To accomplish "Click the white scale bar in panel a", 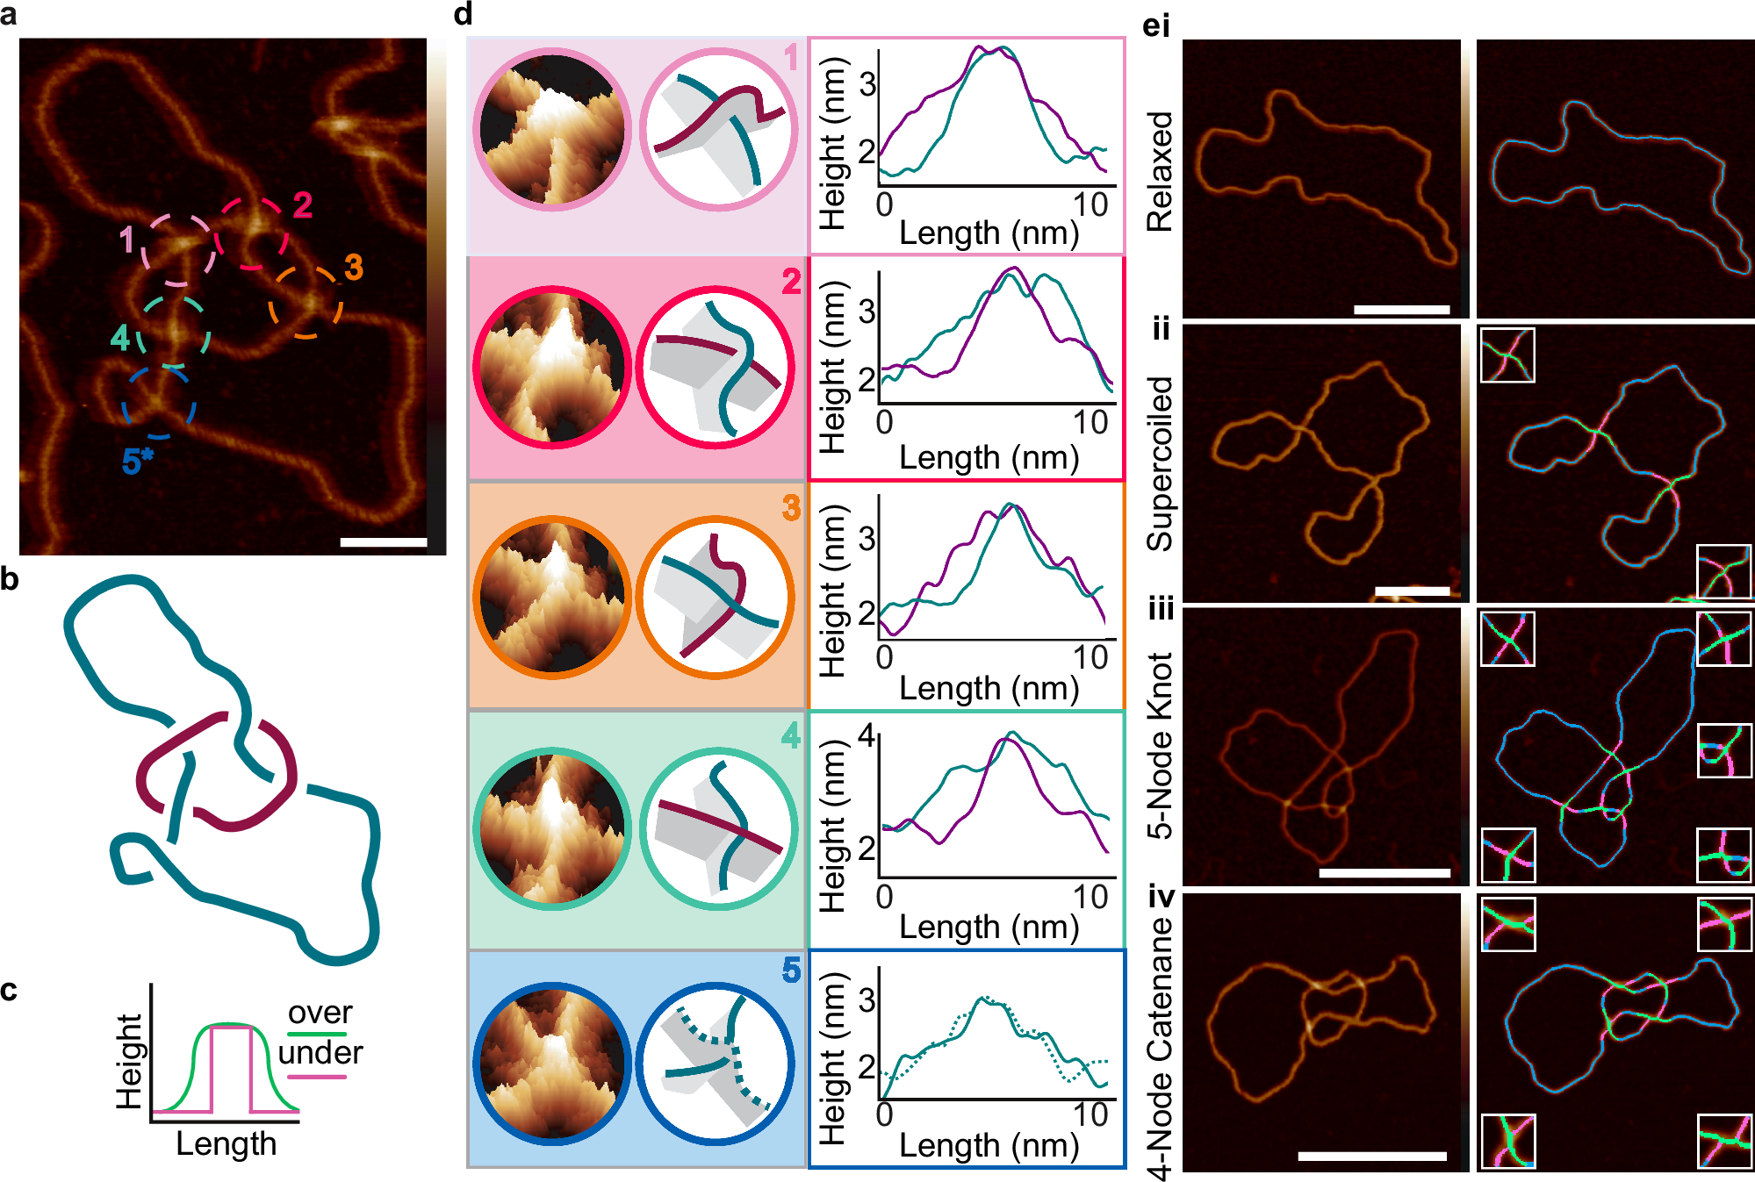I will click(x=383, y=542).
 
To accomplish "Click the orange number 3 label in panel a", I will click(x=354, y=268).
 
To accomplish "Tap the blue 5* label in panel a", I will click(x=137, y=461).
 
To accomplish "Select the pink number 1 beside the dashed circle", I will click(x=127, y=240).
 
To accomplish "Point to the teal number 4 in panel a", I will click(x=120, y=338).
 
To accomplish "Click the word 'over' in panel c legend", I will click(x=320, y=1013).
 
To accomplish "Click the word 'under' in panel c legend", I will click(x=320, y=1052).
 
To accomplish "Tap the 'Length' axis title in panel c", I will click(x=226, y=1144).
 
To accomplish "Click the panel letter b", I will click(x=10, y=579).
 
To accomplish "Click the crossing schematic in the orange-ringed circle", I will click(x=716, y=598).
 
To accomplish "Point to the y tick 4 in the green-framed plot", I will click(x=867, y=734).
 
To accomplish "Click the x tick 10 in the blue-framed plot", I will click(x=1090, y=1114).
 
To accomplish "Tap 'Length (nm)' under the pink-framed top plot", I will click(x=989, y=233).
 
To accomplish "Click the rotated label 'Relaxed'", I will click(x=1160, y=171).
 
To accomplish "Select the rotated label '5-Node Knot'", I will click(x=1160, y=746).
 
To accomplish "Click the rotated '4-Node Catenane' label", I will click(x=1160, y=1049).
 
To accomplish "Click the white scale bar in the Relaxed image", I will click(x=1401, y=309).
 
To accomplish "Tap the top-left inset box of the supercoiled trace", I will click(x=1507, y=355).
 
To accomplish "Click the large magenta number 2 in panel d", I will click(x=791, y=282).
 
